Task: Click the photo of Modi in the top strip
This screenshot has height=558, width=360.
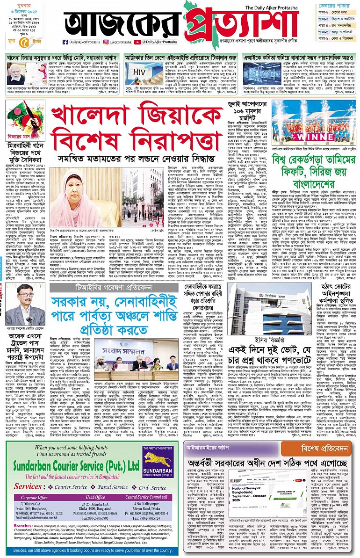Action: tap(20, 74)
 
